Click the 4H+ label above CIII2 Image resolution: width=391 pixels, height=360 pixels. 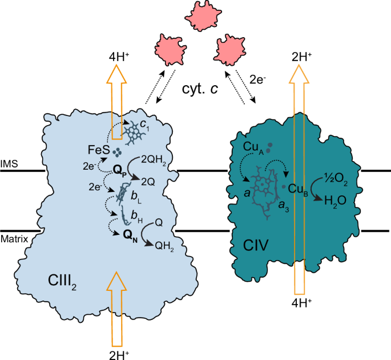pos(122,57)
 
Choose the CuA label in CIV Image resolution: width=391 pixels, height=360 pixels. pos(255,147)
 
